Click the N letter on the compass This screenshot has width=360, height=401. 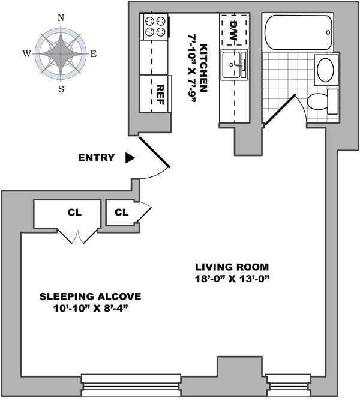[x=61, y=18]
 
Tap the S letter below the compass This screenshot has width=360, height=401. [x=61, y=89]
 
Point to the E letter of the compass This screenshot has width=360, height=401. [x=94, y=54]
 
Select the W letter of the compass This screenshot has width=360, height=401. [x=27, y=53]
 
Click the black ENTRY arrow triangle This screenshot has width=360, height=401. [x=130, y=158]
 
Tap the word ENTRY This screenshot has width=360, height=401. [x=97, y=158]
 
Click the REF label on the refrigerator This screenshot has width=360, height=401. [x=160, y=95]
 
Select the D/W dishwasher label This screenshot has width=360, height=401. [x=233, y=31]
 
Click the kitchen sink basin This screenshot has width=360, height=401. [x=231, y=65]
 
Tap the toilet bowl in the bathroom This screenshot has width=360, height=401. [x=317, y=101]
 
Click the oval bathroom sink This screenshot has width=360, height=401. [x=325, y=70]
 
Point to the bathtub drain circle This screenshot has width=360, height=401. [x=328, y=32]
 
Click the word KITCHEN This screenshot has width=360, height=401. [x=203, y=68]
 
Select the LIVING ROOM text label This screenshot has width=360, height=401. [x=232, y=267]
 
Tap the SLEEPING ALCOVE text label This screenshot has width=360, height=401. [x=90, y=297]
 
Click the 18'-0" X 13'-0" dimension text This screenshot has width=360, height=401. [x=232, y=279]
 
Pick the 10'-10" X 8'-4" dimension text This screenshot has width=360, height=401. [x=90, y=308]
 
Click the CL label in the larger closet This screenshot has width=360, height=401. [x=74, y=213]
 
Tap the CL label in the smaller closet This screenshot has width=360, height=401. [x=121, y=213]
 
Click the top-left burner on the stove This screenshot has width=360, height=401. [x=149, y=20]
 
